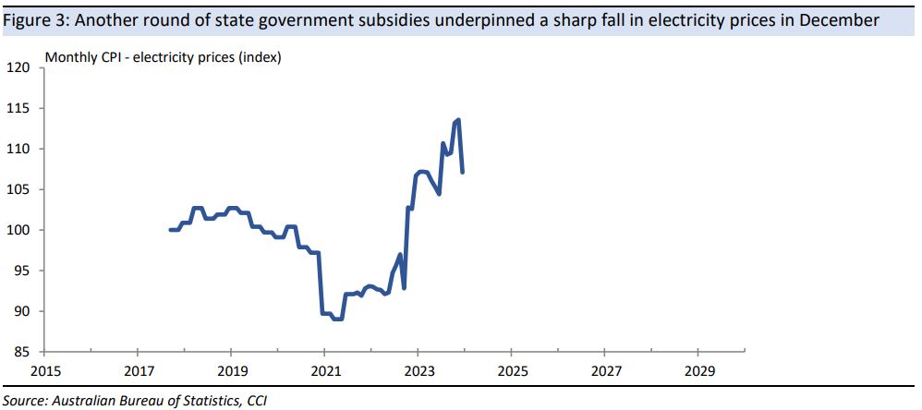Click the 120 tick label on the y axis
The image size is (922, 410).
[20, 68]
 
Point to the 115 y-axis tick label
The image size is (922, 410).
[20, 109]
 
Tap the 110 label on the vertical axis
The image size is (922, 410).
[20, 150]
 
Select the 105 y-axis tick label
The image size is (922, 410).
[20, 190]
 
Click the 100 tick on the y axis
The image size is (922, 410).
[20, 231]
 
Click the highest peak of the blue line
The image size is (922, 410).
[458, 120]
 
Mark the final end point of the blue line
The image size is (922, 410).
[462, 172]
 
